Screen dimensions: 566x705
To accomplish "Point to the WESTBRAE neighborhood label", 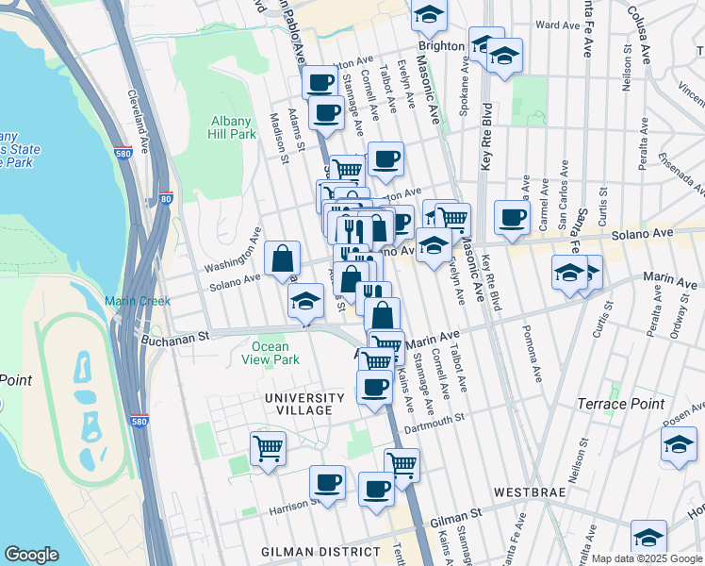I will click(529, 492).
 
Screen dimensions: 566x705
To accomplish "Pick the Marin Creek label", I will click(134, 301).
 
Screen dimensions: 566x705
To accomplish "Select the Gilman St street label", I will click(455, 520).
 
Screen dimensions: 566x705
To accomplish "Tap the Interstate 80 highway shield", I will click(166, 198).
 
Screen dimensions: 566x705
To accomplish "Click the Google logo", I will click(32, 555).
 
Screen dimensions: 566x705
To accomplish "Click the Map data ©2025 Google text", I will click(647, 558).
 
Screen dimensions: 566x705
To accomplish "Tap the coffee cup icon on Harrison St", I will click(327, 482).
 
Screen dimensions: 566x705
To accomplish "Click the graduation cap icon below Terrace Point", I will click(679, 443).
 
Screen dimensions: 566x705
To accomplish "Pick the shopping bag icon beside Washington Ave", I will click(282, 257).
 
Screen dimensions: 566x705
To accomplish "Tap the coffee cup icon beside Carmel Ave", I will click(512, 217).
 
